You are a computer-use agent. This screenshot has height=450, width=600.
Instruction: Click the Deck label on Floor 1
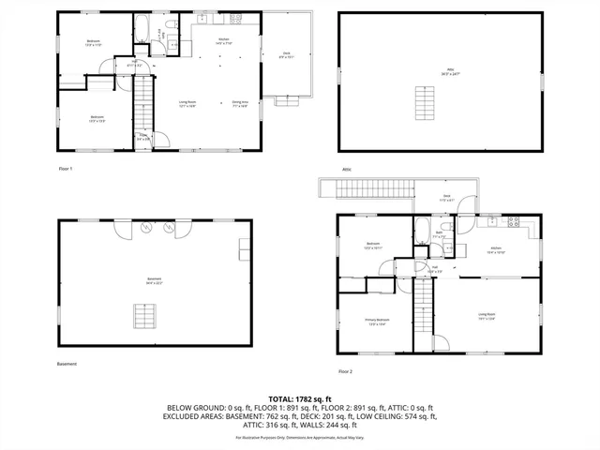[x=287, y=55]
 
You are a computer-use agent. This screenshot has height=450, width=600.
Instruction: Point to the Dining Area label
[x=240, y=104]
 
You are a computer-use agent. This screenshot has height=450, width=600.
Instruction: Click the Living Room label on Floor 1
[x=187, y=104]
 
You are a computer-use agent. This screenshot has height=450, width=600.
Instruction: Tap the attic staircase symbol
[x=427, y=98]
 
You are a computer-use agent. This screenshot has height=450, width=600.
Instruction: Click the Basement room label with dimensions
[x=153, y=280]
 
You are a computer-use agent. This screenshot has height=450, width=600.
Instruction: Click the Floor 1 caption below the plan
[x=65, y=169]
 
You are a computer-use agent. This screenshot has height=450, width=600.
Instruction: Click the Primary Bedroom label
[x=378, y=322]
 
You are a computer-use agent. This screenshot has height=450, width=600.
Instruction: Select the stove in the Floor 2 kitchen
[x=513, y=222]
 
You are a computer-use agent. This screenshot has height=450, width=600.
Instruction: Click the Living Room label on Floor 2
[x=487, y=317]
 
